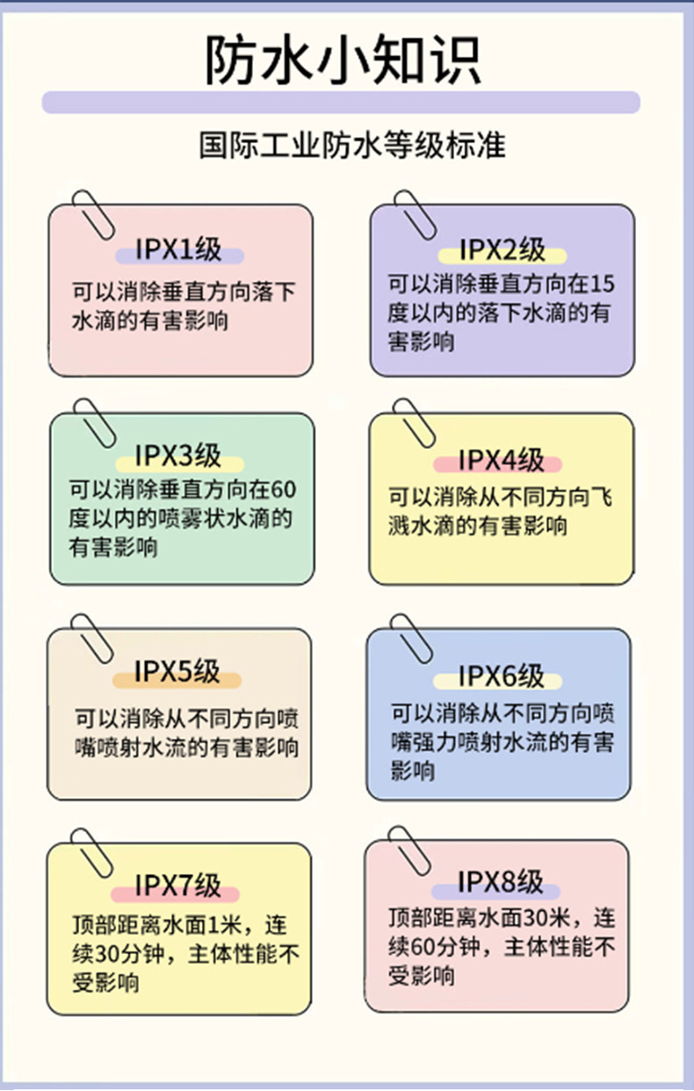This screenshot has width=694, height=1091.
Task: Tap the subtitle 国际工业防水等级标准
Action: point(352,145)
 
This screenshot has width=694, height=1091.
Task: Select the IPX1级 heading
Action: point(179,249)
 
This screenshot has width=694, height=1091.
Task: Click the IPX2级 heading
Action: point(502,250)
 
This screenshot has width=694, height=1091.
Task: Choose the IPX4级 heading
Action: point(502,459)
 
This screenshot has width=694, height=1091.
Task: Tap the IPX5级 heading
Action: point(177,672)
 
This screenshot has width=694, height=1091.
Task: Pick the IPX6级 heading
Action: point(501,676)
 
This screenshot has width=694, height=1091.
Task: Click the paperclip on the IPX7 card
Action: point(92,852)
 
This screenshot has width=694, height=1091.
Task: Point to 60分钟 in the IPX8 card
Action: point(446,948)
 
